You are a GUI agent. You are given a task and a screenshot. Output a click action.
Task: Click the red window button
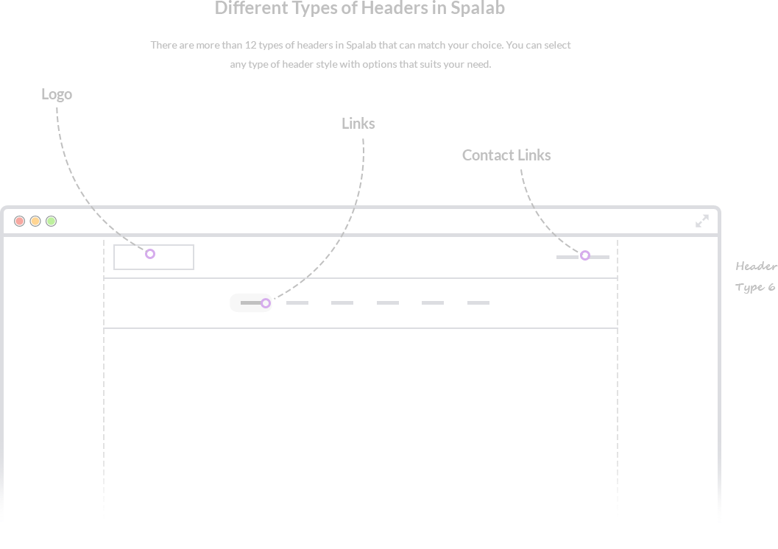click(20, 221)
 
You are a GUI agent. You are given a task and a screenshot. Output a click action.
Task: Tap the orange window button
click(35, 221)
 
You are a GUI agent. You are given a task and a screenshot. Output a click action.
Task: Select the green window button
click(52, 221)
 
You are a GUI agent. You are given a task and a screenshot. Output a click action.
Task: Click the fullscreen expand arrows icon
click(702, 221)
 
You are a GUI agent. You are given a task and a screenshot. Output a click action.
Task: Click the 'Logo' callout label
click(57, 94)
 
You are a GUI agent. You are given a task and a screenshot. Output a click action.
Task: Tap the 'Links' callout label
click(358, 124)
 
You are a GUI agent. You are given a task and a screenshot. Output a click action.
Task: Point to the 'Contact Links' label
click(506, 155)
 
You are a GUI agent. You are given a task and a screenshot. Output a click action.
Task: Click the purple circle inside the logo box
click(150, 254)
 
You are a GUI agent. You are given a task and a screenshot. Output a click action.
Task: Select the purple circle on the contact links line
click(584, 255)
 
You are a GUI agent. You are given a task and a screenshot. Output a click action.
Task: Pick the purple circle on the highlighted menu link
click(266, 303)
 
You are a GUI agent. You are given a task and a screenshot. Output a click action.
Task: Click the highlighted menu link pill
click(249, 302)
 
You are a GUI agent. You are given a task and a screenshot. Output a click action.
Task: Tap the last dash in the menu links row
click(478, 302)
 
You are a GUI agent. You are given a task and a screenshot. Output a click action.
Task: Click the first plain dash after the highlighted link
click(297, 302)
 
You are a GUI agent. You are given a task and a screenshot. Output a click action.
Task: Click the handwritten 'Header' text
click(756, 266)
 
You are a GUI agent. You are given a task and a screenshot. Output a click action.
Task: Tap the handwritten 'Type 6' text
click(755, 287)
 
